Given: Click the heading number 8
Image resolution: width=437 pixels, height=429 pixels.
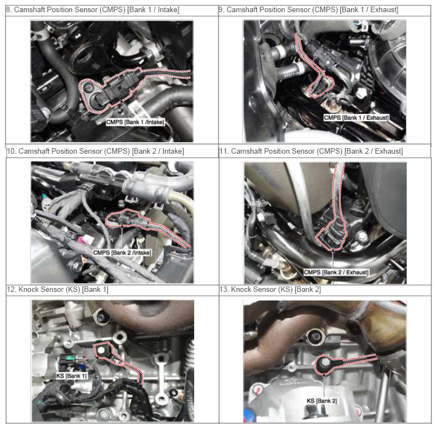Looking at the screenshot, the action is pyautogui.click(x=9, y=10).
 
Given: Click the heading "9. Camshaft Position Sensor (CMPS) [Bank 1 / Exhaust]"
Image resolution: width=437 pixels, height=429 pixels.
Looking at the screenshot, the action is pyautogui.click(x=309, y=10).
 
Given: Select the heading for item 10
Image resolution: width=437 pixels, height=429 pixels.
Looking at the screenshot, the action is pyautogui.click(x=95, y=151).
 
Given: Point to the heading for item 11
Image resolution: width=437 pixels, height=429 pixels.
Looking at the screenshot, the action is pyautogui.click(x=311, y=151).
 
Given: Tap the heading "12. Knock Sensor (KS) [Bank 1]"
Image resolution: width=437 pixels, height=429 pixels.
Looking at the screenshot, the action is pyautogui.click(x=58, y=290).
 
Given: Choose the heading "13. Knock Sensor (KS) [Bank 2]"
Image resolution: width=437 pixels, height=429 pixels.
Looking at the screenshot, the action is pyautogui.click(x=270, y=290).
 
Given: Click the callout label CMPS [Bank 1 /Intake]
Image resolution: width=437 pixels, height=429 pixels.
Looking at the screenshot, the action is pyautogui.click(x=136, y=122).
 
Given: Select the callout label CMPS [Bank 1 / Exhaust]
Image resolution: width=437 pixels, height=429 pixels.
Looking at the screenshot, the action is pyautogui.click(x=356, y=118).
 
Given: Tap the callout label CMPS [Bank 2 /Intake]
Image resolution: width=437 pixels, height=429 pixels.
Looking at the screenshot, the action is pyautogui.click(x=122, y=253).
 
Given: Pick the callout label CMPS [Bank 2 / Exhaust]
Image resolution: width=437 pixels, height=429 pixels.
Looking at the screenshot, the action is pyautogui.click(x=336, y=272).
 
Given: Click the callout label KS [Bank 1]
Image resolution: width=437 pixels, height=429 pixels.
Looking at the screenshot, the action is pyautogui.click(x=71, y=376).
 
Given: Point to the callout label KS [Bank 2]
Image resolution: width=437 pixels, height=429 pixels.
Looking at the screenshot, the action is pyautogui.click(x=322, y=401).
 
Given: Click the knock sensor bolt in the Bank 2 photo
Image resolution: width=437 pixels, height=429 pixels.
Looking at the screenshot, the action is pyautogui.click(x=325, y=363).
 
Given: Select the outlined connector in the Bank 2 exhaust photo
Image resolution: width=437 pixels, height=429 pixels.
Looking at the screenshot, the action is pyautogui.click(x=331, y=237).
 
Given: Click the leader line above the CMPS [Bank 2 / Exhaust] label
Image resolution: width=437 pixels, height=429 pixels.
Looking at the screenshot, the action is pyautogui.click(x=333, y=259).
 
